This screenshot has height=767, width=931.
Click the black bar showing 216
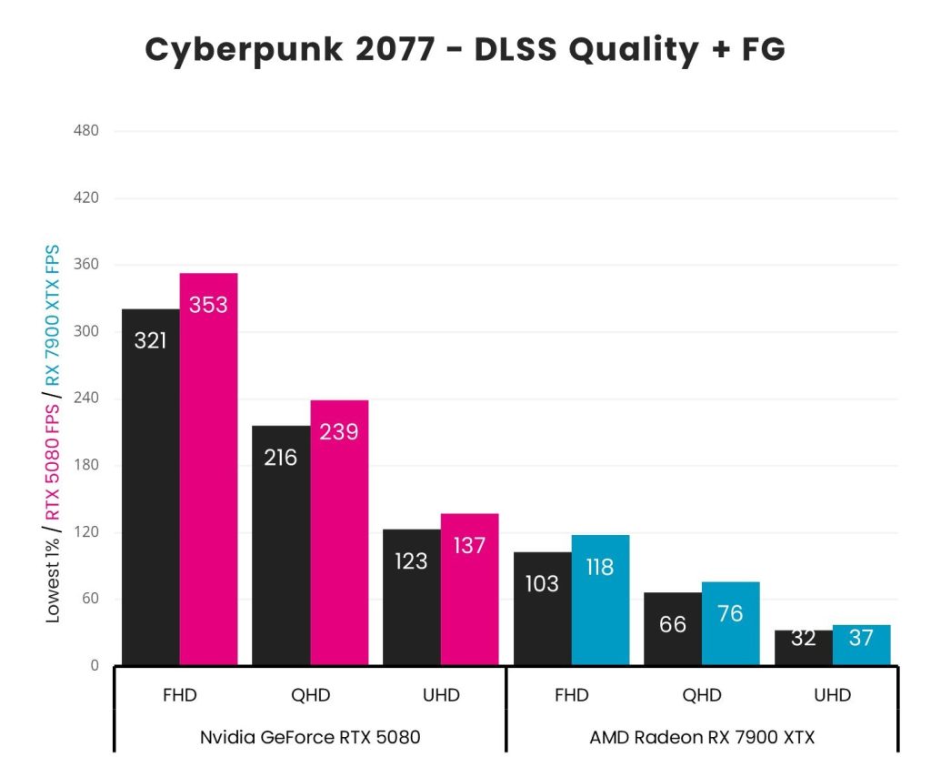tap(281, 546)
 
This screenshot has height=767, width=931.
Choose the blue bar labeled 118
tap(600, 600)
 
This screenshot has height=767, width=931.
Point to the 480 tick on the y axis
tap(85, 131)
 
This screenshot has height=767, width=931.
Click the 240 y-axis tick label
tap(85, 399)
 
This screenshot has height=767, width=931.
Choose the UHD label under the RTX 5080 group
tap(441, 696)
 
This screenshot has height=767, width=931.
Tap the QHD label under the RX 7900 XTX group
tap(702, 696)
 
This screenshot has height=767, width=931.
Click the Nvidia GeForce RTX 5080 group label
tap(310, 737)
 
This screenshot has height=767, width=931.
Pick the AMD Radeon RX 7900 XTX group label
tap(702, 737)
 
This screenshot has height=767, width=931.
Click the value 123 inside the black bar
tap(411, 561)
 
